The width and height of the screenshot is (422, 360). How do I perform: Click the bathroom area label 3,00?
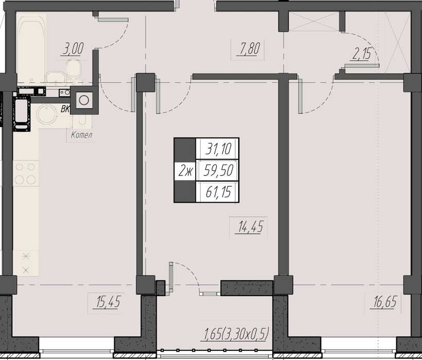coord(73,49)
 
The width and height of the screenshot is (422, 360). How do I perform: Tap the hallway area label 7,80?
coord(249,49)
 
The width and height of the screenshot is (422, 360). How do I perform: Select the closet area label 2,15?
coord(361,54)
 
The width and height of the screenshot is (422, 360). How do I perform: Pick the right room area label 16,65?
coord(384,302)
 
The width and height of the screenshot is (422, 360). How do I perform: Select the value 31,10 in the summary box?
coord(218,149)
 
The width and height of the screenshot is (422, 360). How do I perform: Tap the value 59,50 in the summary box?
coord(218,170)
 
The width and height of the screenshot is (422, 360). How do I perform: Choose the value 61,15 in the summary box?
coord(219,192)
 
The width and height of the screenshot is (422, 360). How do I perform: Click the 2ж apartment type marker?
coord(185,171)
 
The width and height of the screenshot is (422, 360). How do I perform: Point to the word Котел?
coord(81,135)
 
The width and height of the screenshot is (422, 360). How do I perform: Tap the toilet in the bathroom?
coord(74,69)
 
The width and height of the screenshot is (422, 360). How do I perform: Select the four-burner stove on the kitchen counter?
coord(26,173)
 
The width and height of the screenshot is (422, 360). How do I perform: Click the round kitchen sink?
coord(47,114)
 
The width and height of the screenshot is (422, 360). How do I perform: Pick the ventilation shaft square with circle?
coord(84,100)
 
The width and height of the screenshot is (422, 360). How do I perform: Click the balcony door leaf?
coord(171,277)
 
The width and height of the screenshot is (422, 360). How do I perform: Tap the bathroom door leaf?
coord(113,20)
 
